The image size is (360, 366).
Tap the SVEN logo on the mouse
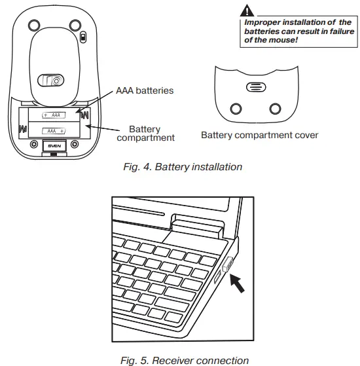pos(52,145)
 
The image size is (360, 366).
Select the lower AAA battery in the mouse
pos(52,132)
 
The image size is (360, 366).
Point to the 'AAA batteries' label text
pos(145,90)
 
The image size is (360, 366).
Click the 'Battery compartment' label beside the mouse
pos(145,134)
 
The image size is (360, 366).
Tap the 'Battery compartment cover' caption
pos(259,136)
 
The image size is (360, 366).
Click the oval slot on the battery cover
pos(255,87)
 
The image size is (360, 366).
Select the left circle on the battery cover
pos(236,108)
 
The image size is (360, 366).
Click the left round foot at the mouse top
pos(32,25)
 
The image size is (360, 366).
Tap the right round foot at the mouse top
pos(75,25)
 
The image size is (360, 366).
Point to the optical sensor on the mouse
pos(52,81)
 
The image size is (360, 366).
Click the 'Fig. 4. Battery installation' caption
pos(183,167)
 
